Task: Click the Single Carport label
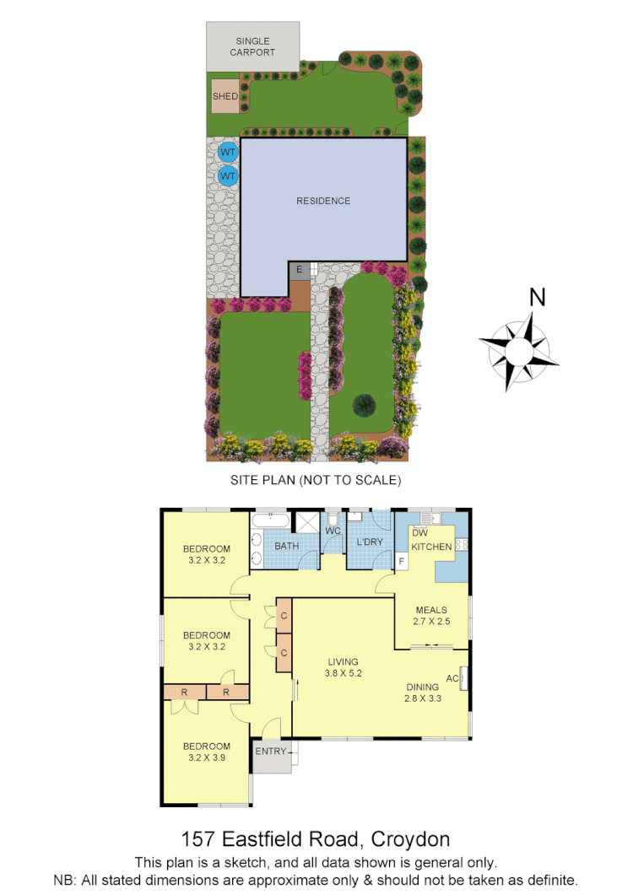click(253, 46)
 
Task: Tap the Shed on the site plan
click(225, 96)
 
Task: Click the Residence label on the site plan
click(322, 201)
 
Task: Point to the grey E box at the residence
click(299, 270)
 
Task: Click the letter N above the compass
click(537, 297)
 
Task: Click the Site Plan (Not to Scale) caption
click(316, 480)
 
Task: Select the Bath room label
click(287, 546)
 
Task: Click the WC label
click(333, 531)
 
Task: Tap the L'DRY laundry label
click(370, 542)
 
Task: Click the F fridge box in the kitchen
click(402, 561)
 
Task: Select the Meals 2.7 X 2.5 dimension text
click(431, 622)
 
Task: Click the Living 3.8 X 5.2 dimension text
click(344, 673)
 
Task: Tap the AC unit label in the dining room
click(452, 677)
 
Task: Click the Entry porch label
click(271, 751)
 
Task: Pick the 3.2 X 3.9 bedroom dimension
click(207, 758)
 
